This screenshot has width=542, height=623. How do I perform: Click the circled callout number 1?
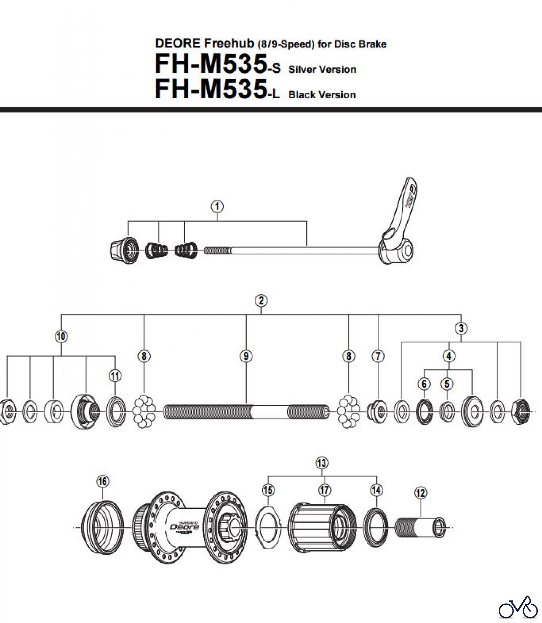click(x=217, y=207)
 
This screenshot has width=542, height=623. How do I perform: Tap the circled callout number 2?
click(x=261, y=300)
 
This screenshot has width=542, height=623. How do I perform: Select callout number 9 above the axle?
click(x=246, y=356)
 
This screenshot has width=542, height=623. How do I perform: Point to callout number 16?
click(x=103, y=481)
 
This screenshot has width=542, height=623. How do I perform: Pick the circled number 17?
click(x=325, y=490)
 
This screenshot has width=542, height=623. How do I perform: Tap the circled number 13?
click(x=322, y=463)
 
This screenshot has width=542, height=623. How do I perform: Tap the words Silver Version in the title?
click(x=322, y=70)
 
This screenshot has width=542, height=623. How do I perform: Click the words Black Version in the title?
click(x=322, y=95)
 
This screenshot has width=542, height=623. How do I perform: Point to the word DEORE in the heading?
click(x=178, y=44)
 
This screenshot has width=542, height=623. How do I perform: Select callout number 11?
click(x=115, y=376)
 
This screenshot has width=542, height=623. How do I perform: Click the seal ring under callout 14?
click(x=376, y=527)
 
